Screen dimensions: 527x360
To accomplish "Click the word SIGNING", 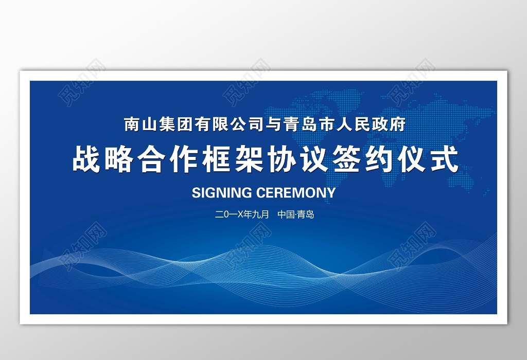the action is point(222,193).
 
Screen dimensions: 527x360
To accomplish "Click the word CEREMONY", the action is point(296,193).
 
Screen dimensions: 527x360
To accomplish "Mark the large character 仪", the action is point(412,158).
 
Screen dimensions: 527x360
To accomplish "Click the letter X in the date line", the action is point(240,214).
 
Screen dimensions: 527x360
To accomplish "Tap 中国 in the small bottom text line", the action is point(286,214).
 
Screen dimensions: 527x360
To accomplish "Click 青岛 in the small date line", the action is point(306,214).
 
